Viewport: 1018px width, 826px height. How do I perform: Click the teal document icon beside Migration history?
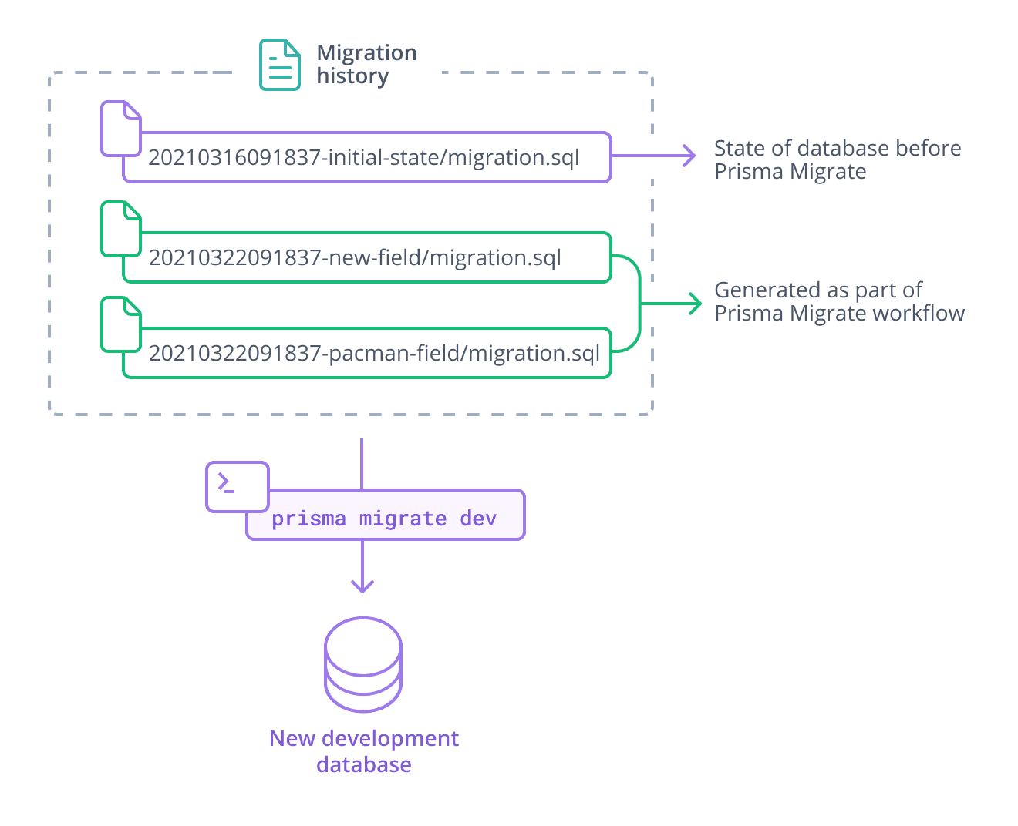(x=279, y=65)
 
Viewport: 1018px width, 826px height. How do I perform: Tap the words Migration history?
(x=366, y=64)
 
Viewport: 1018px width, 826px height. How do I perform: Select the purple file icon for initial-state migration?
(x=121, y=129)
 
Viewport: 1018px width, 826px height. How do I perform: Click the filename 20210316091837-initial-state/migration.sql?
(x=363, y=158)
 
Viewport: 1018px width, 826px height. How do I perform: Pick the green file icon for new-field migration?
(x=121, y=229)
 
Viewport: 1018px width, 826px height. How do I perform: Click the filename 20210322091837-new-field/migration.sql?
(x=355, y=258)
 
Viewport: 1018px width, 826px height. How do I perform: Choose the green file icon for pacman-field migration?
(x=121, y=324)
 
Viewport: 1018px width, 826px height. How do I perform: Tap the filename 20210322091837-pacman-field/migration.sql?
(x=374, y=354)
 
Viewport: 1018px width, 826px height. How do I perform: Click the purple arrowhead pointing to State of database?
(x=689, y=156)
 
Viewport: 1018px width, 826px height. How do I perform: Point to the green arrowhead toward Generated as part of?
(x=696, y=304)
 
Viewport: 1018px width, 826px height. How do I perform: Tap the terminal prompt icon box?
(x=237, y=486)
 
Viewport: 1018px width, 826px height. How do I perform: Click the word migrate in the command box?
(x=403, y=519)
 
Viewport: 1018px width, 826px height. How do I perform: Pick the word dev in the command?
(x=478, y=519)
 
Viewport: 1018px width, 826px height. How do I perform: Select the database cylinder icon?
(x=363, y=664)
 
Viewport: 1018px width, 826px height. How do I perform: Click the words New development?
(x=364, y=738)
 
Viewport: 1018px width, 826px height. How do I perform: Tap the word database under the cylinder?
(x=363, y=764)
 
